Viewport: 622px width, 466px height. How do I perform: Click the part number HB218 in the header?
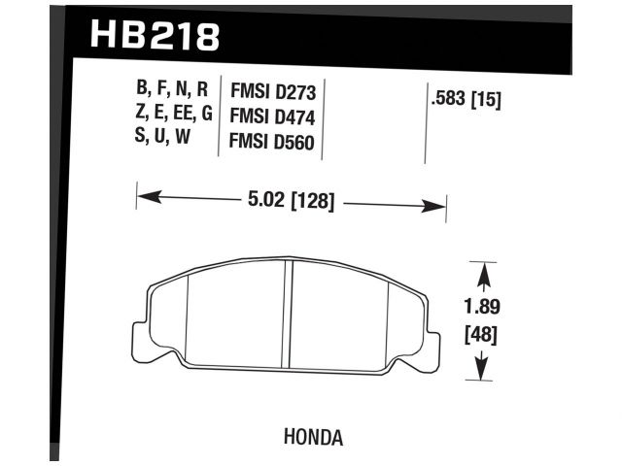[x=155, y=36]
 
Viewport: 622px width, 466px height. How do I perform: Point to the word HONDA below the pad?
[x=313, y=437]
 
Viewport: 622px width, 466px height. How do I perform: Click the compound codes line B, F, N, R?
[x=173, y=92]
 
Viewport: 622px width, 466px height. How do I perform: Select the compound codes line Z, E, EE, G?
[x=173, y=115]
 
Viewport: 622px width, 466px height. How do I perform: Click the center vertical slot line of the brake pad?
[x=290, y=316]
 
